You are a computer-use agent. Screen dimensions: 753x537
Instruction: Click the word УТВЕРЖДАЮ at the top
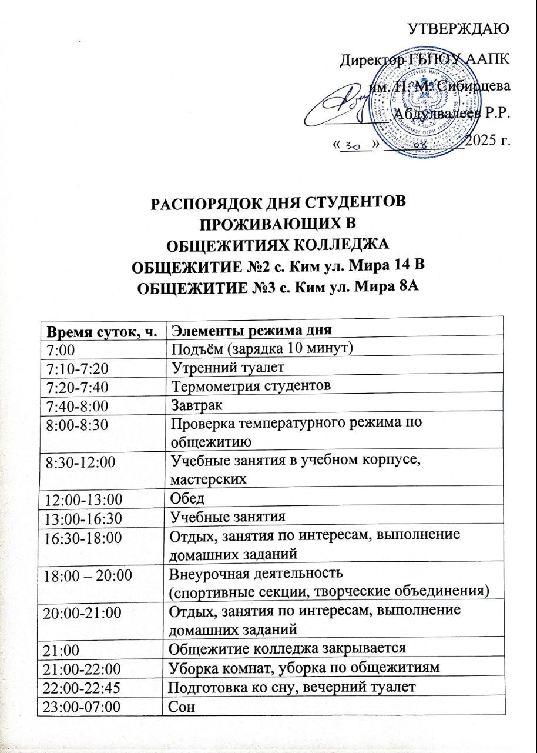point(458,28)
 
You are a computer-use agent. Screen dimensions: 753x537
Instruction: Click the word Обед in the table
point(187,499)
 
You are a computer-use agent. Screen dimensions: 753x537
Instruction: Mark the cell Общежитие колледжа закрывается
point(288,648)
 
